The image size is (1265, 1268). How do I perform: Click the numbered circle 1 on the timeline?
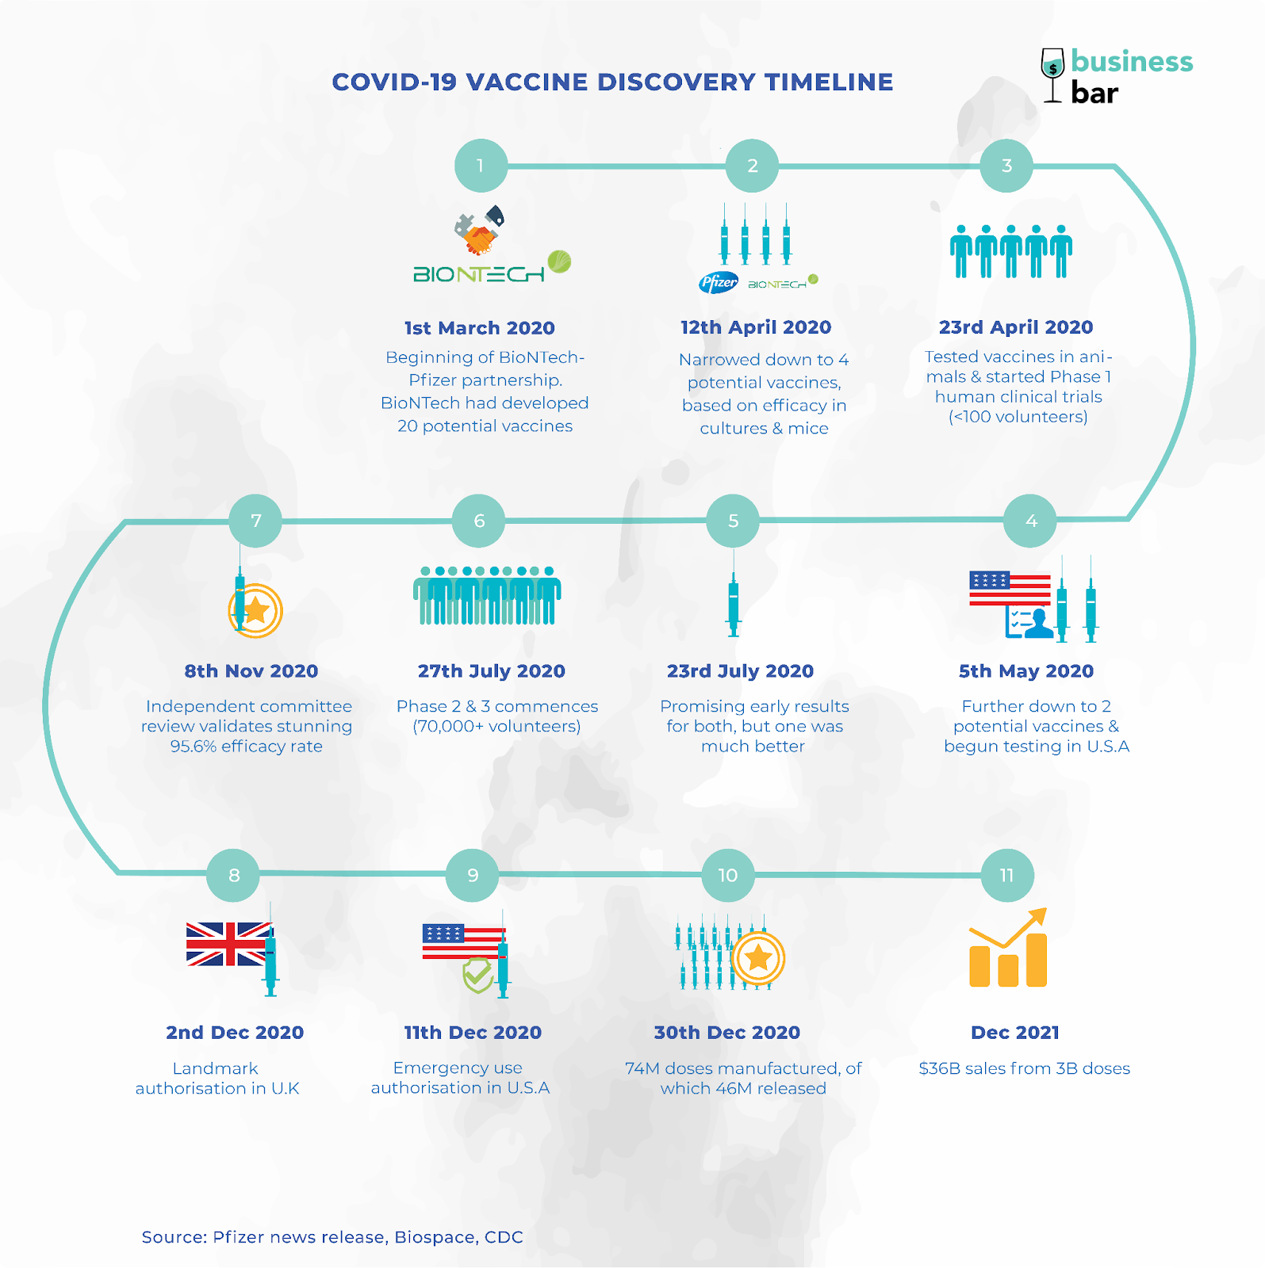(x=481, y=166)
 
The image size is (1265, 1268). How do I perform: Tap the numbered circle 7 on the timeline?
(x=255, y=521)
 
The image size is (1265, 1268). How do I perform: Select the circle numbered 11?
(x=1007, y=876)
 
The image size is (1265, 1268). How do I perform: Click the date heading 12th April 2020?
(x=756, y=327)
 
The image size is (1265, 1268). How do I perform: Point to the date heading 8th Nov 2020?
(x=251, y=671)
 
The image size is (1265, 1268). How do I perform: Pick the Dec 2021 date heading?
(x=1015, y=1033)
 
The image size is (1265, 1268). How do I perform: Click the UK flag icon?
(x=228, y=944)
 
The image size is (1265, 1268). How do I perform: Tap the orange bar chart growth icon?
(x=1008, y=948)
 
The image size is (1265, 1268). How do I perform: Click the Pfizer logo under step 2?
(x=719, y=282)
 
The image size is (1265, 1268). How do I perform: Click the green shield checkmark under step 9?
(x=479, y=975)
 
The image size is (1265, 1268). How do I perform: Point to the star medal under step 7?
(x=256, y=611)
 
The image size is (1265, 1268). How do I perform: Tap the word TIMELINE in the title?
(x=829, y=82)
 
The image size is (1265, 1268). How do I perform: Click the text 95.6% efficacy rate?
(x=247, y=747)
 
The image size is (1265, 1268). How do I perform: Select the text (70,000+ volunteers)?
(x=496, y=727)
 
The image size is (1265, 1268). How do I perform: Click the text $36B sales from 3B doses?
(x=1025, y=1068)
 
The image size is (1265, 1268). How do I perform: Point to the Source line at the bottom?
(x=332, y=1237)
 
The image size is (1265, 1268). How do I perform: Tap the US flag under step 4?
(x=1010, y=588)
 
